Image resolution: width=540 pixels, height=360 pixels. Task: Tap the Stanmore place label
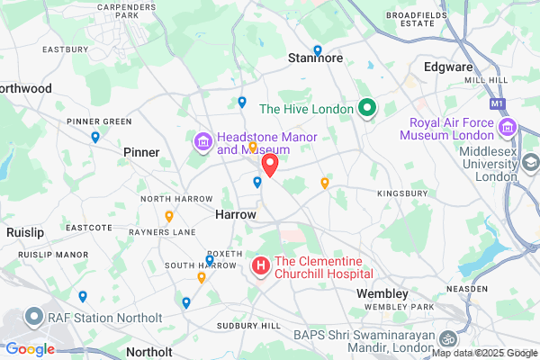(x=315, y=58)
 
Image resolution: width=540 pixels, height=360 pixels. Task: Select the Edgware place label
(x=447, y=67)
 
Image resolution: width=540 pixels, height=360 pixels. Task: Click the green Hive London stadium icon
(x=366, y=109)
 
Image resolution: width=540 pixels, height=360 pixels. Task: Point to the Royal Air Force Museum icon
(x=508, y=128)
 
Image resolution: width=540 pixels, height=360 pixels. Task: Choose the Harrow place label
(x=236, y=216)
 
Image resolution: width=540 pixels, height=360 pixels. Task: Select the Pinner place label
(x=141, y=152)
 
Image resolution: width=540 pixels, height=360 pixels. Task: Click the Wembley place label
(x=382, y=293)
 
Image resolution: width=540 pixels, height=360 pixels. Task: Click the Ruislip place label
(x=24, y=232)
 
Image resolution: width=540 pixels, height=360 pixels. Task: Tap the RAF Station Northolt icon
(x=34, y=318)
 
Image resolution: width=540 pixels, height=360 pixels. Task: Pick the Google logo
(x=30, y=349)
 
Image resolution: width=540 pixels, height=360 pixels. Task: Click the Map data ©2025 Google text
(x=483, y=353)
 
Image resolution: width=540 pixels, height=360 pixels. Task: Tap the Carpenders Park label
(x=121, y=12)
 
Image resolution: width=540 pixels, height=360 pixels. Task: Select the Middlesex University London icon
(x=531, y=163)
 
